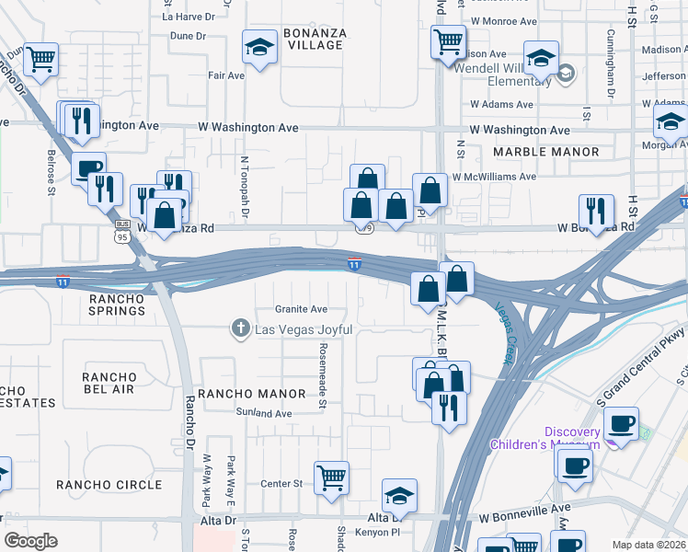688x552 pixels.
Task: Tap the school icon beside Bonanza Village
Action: pyautogui.click(x=260, y=47)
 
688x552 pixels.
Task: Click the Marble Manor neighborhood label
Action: pyautogui.click(x=545, y=152)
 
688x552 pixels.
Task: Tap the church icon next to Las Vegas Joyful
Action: pyautogui.click(x=240, y=328)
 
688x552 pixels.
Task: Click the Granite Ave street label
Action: pyautogui.click(x=301, y=309)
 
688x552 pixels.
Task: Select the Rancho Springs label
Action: pyautogui.click(x=117, y=305)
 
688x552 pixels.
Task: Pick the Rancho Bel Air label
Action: pyautogui.click(x=109, y=384)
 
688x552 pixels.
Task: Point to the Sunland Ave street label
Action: pyautogui.click(x=264, y=414)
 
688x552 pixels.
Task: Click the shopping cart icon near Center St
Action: pyautogui.click(x=331, y=477)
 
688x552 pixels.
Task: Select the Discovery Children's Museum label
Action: pyautogui.click(x=585, y=438)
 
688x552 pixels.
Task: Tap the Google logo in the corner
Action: pyautogui.click(x=31, y=541)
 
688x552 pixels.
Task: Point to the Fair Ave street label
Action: pyautogui.click(x=225, y=75)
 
